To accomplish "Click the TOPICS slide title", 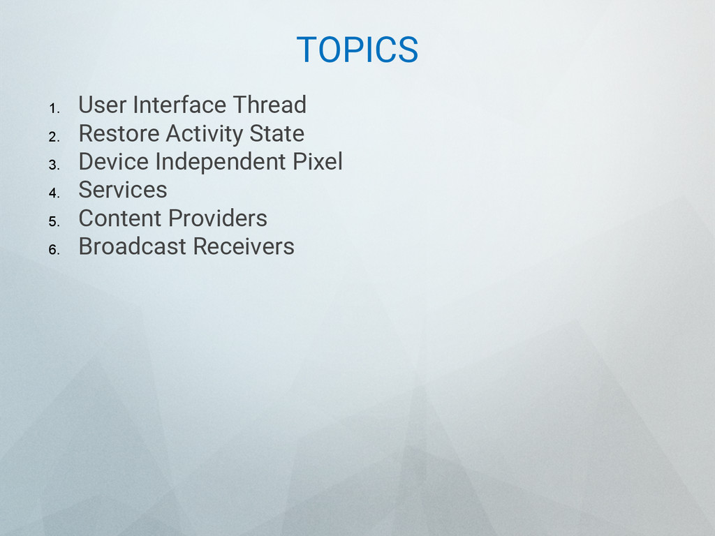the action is (x=357, y=50).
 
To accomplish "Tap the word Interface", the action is (x=180, y=105).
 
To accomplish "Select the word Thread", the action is (x=270, y=105).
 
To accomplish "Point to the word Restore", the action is (x=119, y=133).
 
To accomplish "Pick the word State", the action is (x=277, y=133).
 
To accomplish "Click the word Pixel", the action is (x=318, y=162).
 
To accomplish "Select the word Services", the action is (x=123, y=190).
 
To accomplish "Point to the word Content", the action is (x=121, y=218).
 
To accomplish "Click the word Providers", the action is (x=218, y=218).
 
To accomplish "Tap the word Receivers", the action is (x=244, y=246).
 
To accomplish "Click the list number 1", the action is (x=54, y=108).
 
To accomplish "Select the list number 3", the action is (x=54, y=165).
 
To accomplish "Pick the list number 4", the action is (x=54, y=193).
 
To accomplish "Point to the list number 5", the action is (x=54, y=221).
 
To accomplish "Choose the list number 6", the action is (x=54, y=250).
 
